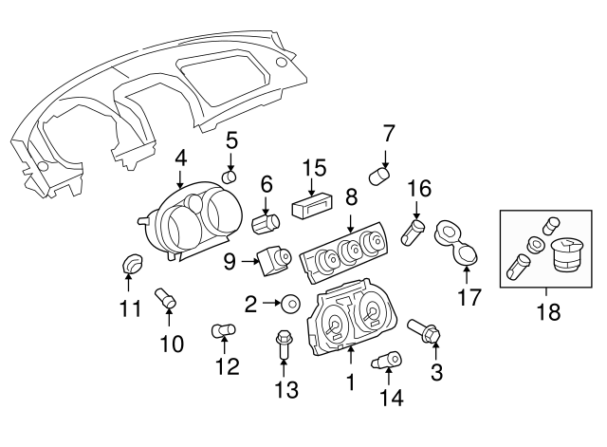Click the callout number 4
click(x=180, y=159)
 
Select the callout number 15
click(x=314, y=168)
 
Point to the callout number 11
click(x=129, y=307)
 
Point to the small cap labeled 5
click(x=229, y=177)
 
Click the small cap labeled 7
click(x=380, y=177)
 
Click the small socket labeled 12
click(x=224, y=330)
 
